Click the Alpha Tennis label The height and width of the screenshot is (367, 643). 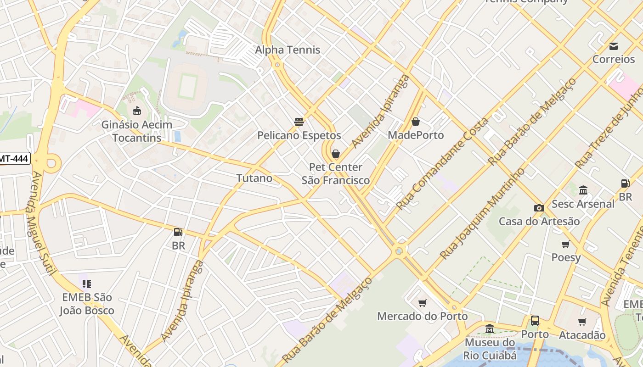(x=288, y=50)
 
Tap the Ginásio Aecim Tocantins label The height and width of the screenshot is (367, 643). (x=137, y=131)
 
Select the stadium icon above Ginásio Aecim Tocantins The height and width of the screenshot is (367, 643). (x=136, y=111)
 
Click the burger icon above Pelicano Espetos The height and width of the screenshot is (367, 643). (x=299, y=122)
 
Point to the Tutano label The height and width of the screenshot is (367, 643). (x=254, y=178)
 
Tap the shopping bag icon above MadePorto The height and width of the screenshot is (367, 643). (x=416, y=121)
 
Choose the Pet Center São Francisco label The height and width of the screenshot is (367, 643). (x=336, y=174)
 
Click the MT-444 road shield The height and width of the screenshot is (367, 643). (x=14, y=159)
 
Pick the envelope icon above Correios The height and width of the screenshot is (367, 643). (x=614, y=46)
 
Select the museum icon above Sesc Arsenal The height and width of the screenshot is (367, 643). (x=583, y=190)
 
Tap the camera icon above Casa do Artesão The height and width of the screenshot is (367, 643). (x=539, y=208)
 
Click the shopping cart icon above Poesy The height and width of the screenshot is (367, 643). (x=566, y=244)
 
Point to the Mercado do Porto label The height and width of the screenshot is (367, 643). (x=422, y=316)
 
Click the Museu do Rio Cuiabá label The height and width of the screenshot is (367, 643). (x=490, y=349)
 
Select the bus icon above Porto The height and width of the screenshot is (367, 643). (x=535, y=321)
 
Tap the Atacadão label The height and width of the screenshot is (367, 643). (x=582, y=335)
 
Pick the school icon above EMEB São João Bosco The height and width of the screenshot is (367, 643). (x=87, y=284)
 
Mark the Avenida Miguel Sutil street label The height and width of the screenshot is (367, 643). (x=44, y=224)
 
